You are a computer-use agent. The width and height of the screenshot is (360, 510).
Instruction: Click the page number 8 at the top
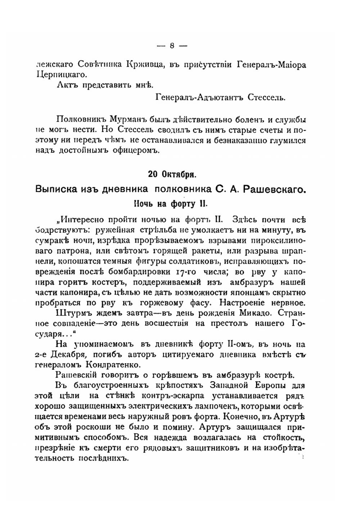coord(172,46)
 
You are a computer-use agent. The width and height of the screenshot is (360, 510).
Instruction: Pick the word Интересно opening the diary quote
coord(83,219)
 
